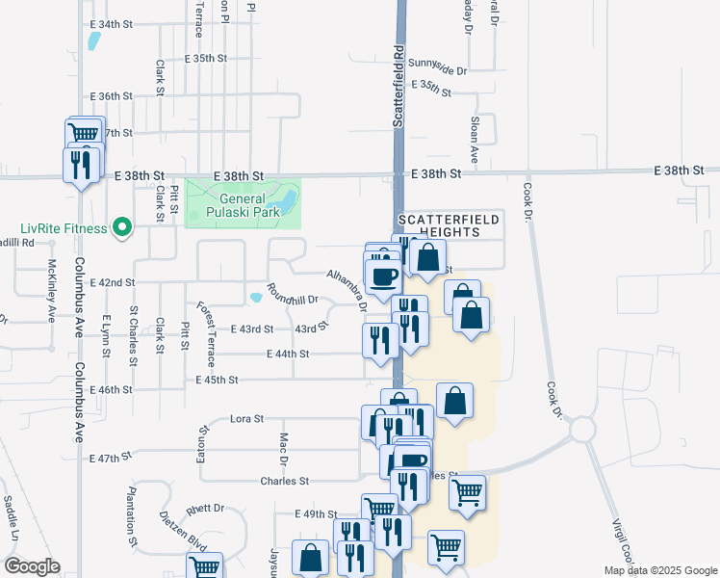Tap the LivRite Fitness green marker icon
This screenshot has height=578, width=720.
(x=122, y=227)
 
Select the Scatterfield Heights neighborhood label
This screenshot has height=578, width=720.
(x=450, y=225)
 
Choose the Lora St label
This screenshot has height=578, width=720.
(x=247, y=420)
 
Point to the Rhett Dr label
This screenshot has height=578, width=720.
(x=205, y=508)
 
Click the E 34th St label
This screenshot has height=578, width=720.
(x=113, y=23)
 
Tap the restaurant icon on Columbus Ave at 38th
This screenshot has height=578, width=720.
(x=81, y=165)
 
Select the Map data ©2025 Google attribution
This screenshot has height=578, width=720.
(x=660, y=570)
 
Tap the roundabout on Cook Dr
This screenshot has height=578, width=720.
(x=583, y=427)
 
